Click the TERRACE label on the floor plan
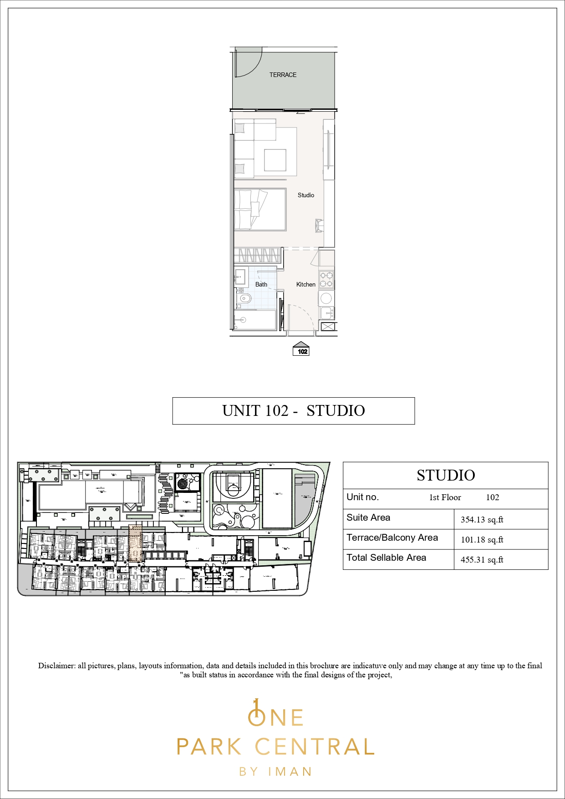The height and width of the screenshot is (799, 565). click(283, 75)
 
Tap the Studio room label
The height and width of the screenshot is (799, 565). click(305, 195)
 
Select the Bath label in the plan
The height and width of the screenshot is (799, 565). click(261, 284)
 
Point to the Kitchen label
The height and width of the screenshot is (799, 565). click(305, 284)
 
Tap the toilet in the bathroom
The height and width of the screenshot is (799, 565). click(244, 299)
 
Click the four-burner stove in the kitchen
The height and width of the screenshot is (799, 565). click(326, 280)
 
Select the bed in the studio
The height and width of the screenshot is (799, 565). click(260, 210)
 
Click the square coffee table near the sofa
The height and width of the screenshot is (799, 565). click(275, 160)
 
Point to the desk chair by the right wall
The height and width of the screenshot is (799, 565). click(320, 225)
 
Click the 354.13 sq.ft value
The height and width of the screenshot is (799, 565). click(482, 519)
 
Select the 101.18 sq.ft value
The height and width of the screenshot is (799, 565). click(482, 540)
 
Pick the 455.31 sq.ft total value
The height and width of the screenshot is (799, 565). click(482, 560)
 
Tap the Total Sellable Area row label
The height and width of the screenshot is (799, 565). click(386, 558)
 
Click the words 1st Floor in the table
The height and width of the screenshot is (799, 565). click(445, 497)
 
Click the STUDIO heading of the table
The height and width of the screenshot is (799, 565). click(446, 476)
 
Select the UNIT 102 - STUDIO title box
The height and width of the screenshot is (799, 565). click(293, 411)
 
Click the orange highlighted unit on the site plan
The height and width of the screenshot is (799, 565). click(135, 543)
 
